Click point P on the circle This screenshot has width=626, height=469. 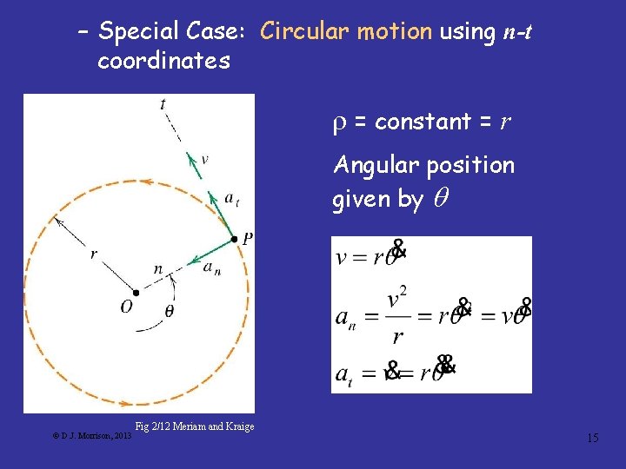[x=234, y=238]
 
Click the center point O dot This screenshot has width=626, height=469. [x=136, y=293]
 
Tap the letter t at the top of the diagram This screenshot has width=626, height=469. [x=163, y=105]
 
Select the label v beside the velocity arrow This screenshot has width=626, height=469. [x=204, y=159]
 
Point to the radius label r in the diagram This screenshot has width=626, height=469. [x=93, y=254]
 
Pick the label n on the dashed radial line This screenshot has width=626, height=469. [x=157, y=269]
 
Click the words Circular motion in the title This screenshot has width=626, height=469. [x=346, y=32]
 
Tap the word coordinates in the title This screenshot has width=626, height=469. [x=163, y=61]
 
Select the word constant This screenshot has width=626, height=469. [x=423, y=122]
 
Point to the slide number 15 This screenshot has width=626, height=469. [x=592, y=438]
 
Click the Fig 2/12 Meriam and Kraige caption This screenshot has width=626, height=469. [x=195, y=426]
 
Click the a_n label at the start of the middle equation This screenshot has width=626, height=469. [x=345, y=318]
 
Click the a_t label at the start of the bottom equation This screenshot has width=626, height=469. [x=344, y=373]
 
